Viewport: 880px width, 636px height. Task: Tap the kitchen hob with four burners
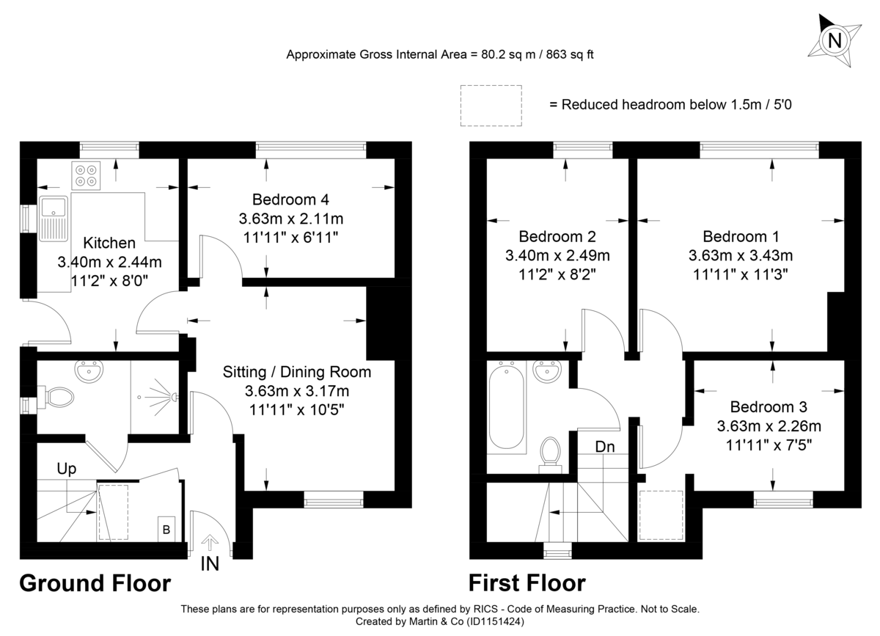click(x=85, y=175)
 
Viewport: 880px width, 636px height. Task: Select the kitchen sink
click(x=54, y=217)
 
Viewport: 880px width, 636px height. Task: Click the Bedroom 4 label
click(x=290, y=200)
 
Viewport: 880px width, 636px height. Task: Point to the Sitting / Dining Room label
click(x=297, y=372)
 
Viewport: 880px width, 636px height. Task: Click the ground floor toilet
click(x=57, y=398)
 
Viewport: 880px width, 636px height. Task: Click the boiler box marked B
click(x=166, y=529)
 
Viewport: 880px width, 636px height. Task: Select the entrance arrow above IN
click(x=209, y=543)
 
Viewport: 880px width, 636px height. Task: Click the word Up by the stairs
click(x=67, y=468)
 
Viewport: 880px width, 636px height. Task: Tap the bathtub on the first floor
click(x=505, y=406)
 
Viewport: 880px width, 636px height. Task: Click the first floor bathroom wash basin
click(x=546, y=372)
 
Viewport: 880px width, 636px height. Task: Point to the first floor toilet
click(x=550, y=449)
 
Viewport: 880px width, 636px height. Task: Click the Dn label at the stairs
click(x=605, y=445)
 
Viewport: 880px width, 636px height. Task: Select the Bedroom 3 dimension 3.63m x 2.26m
click(x=769, y=425)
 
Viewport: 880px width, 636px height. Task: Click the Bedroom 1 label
click(x=741, y=237)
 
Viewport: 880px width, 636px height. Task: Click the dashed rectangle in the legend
click(x=491, y=105)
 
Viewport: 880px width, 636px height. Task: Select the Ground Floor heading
click(x=95, y=583)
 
